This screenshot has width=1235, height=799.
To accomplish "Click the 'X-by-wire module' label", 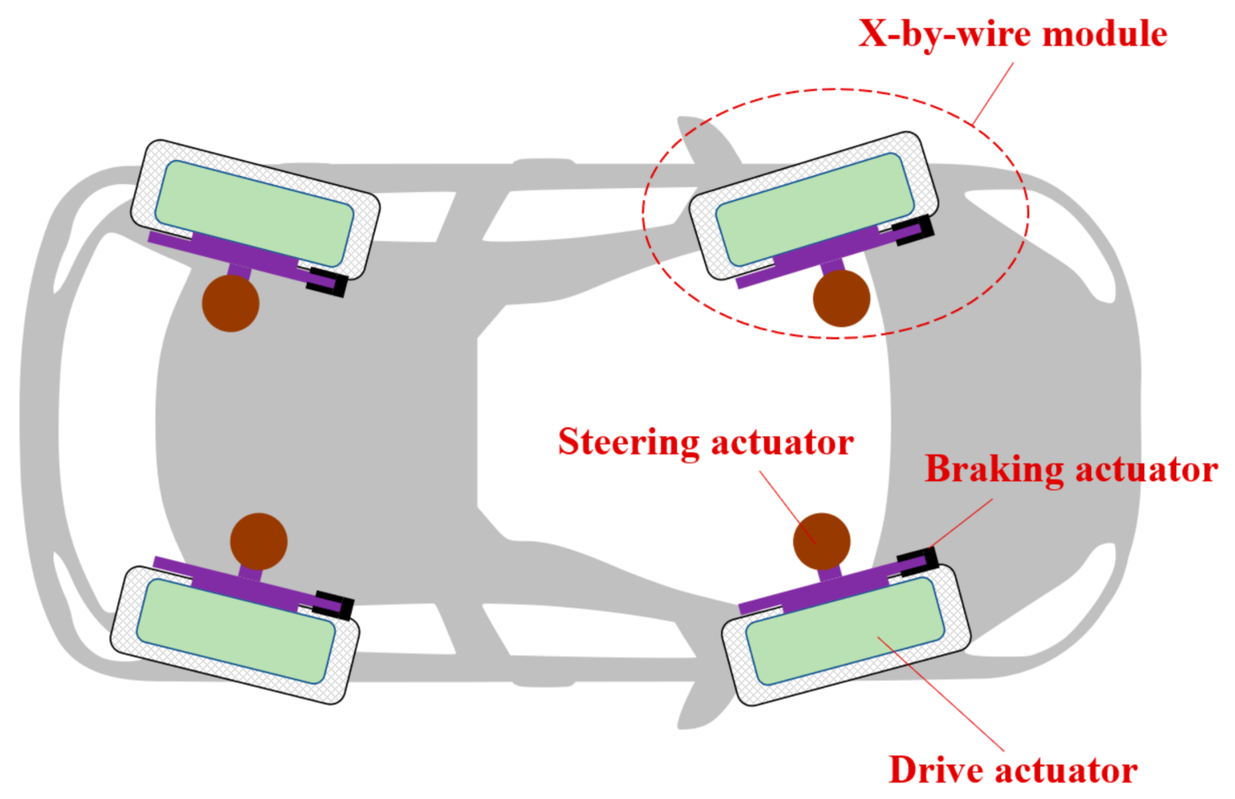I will pos(1012,34).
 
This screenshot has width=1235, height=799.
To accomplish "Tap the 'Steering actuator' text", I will pos(705,442).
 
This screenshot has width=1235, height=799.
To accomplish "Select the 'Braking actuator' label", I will pos(1070,469).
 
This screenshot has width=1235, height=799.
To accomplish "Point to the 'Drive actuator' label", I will pos(1012,769).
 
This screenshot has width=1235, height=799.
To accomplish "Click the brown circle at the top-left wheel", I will pos(230,302).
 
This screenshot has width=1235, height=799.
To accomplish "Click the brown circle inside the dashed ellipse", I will pos(841,298).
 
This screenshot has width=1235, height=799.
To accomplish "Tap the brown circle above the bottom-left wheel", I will pos(258,541).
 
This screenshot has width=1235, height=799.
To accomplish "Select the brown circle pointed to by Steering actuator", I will pos(821,541).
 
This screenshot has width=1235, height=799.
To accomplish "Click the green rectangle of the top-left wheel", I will pos(254,213).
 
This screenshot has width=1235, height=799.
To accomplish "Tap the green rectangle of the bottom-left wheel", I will pos(236,631).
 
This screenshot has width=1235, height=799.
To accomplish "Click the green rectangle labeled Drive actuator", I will pos(844,631).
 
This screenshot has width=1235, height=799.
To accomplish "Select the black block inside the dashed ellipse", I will pos(917,230).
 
